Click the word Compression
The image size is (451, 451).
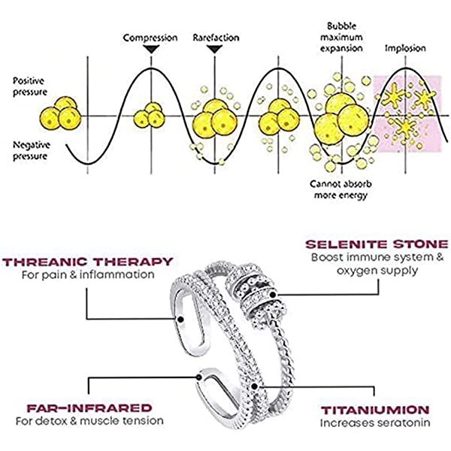[150, 37]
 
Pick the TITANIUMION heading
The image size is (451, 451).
[376, 410]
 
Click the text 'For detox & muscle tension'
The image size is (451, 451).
[89, 420]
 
